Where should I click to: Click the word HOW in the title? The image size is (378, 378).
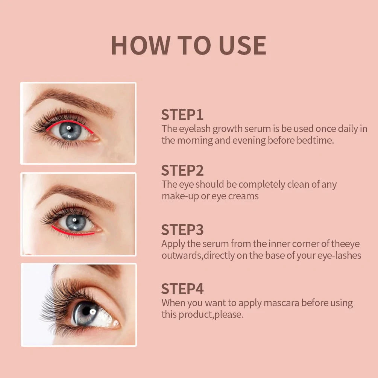(140, 46)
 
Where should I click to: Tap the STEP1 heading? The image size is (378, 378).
(182, 115)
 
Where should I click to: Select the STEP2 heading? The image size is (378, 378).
(182, 170)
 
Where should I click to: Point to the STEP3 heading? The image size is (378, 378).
(182, 229)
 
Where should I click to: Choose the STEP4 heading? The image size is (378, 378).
(182, 289)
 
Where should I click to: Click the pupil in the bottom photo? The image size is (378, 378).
(86, 311)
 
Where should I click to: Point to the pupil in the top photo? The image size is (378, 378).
(70, 131)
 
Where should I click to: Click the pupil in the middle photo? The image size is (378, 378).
(76, 223)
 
